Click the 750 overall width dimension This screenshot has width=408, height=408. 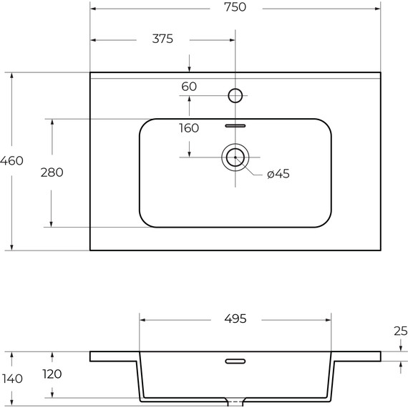click(x=235, y=7)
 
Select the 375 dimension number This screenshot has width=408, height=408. click(x=162, y=39)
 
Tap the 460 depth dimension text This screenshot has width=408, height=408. click(x=11, y=161)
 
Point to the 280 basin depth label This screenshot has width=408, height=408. click(x=52, y=173)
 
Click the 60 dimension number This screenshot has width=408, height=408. click(x=189, y=87)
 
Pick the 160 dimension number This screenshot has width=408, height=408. click(x=189, y=128)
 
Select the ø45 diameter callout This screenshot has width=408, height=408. click(x=278, y=174)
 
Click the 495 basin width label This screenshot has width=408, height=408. click(x=235, y=319)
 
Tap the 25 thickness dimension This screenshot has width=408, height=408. click(x=400, y=331)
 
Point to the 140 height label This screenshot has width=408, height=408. click(x=12, y=379)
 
